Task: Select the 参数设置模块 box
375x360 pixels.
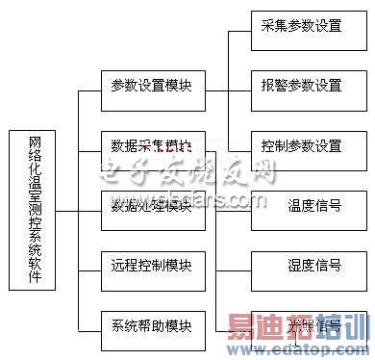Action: [151, 86]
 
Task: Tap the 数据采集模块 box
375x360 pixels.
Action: [151, 146]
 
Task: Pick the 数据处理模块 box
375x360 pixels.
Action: [151, 207]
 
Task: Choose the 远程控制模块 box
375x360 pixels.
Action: [151, 265]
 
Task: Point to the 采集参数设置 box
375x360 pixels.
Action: [300, 26]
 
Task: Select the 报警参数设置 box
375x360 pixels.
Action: [300, 86]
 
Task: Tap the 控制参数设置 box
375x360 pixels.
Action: [300, 146]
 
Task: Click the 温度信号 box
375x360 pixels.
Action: [313, 205]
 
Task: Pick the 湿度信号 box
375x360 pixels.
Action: [313, 265]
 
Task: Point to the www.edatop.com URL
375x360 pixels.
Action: [308, 347]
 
